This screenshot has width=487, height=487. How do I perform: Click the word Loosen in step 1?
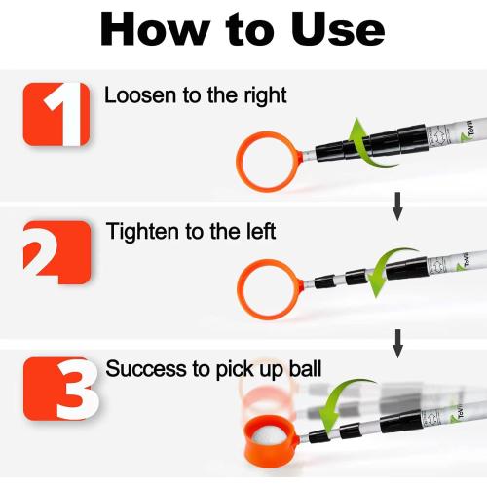pos(135,95)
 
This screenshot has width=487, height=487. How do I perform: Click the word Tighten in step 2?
pos(137,232)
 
